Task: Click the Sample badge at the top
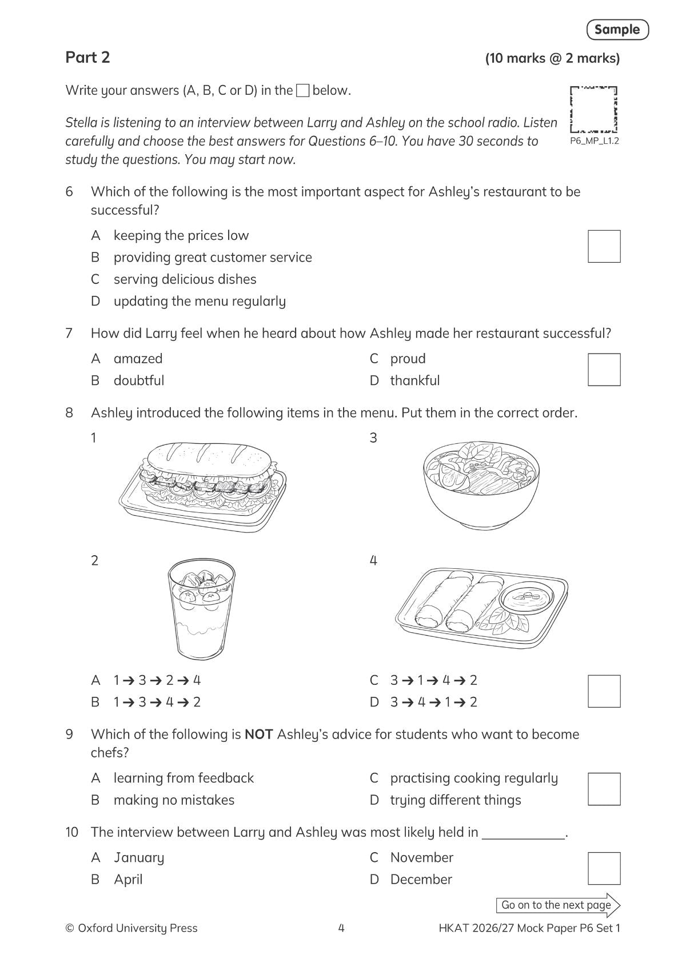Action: [x=617, y=30]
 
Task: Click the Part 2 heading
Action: [x=87, y=58]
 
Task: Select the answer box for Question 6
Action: [x=604, y=247]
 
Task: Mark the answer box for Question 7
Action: [x=604, y=370]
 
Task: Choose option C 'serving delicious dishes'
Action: [x=185, y=279]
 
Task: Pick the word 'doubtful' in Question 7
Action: [x=139, y=380]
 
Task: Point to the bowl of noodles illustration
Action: [x=481, y=483]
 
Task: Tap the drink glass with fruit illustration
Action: [x=201, y=608]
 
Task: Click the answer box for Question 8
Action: [x=604, y=691]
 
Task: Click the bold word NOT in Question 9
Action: [x=258, y=735]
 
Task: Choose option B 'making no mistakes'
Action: [x=174, y=800]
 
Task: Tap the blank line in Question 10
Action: [x=523, y=833]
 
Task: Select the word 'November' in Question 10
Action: [x=421, y=857]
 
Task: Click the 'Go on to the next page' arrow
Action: [x=558, y=905]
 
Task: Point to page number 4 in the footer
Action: [x=341, y=928]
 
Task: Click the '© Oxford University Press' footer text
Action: [x=131, y=928]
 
